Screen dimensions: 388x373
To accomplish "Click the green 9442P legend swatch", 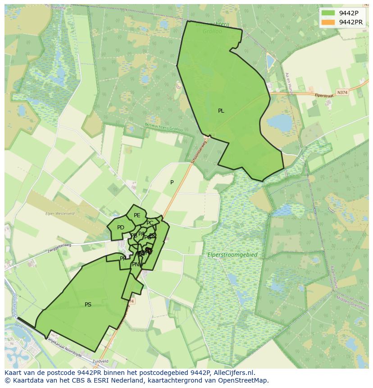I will coord(328,13).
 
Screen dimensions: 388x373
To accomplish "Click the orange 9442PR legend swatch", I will coord(328,22).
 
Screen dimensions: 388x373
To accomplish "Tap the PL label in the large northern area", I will coord(221,111).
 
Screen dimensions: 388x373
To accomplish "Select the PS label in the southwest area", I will coord(88,305).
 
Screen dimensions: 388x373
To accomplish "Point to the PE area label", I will coord(137,215).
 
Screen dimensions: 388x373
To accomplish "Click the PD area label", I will coord(120,228).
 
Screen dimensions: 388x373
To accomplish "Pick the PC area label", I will coord(150,223).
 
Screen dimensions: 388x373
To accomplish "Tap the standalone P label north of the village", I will coord(172,183).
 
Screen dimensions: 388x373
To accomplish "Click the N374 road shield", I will coord(342,92).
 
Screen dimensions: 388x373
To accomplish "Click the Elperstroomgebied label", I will coord(232,255).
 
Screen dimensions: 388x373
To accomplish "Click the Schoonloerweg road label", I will coord(198,152).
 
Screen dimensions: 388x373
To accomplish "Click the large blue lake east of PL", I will coord(279,122).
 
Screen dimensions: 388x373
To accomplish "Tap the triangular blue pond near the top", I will coord(270,62).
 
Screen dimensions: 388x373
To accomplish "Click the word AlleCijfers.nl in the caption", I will coord(234,373).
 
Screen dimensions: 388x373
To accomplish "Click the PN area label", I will coord(135,265).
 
